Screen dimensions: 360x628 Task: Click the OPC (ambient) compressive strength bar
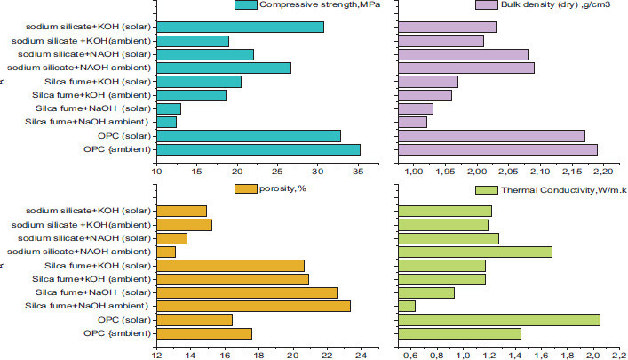pos(258,149)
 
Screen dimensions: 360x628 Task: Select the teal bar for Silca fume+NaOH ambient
pos(166,122)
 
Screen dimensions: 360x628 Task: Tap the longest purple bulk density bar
pos(497,149)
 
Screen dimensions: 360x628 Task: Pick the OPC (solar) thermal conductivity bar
pos(498,320)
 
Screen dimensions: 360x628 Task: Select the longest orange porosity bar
pos(253,306)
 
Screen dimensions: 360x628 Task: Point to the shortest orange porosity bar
pos(166,252)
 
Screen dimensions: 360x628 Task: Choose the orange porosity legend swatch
pos(246,188)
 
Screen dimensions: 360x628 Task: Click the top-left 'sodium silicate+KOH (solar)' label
pos(88,27)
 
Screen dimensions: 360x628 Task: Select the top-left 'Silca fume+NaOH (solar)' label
pos(91,108)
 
